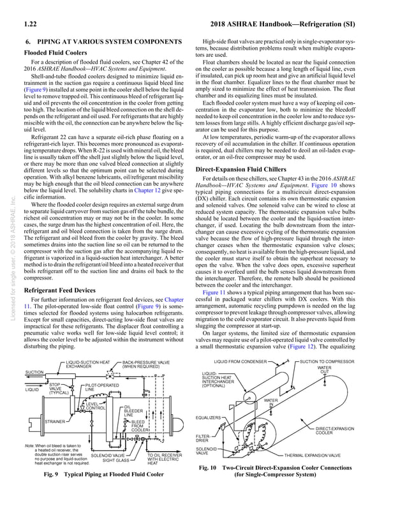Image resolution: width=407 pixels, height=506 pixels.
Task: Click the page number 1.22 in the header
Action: [29, 26]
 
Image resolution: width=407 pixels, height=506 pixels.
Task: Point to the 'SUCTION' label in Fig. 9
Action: [34, 371]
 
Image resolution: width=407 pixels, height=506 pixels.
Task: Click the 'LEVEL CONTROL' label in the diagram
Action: [96, 406]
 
